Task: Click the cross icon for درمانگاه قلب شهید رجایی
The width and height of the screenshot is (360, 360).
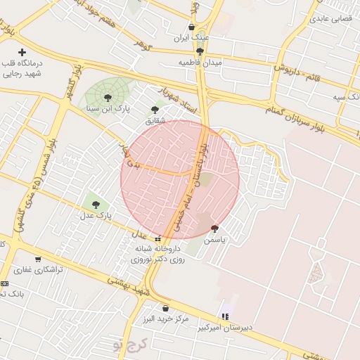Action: (22, 52)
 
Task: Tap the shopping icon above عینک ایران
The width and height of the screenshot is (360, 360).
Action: (191, 27)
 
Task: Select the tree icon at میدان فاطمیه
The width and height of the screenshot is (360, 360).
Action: (200, 51)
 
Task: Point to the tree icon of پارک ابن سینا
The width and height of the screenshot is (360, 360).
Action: (107, 98)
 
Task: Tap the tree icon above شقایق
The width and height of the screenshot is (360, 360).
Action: (155, 109)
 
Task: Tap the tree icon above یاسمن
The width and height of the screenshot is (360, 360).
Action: (214, 228)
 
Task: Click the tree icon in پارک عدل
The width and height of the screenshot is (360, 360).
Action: (96, 204)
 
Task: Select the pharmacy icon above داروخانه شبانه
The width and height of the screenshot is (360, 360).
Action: (158, 238)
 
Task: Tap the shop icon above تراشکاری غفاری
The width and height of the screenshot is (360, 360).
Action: (37, 259)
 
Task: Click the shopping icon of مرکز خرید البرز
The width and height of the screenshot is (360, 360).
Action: (165, 308)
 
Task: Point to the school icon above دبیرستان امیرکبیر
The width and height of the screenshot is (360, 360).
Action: (225, 316)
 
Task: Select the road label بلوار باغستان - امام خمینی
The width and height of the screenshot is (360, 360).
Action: (198, 184)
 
